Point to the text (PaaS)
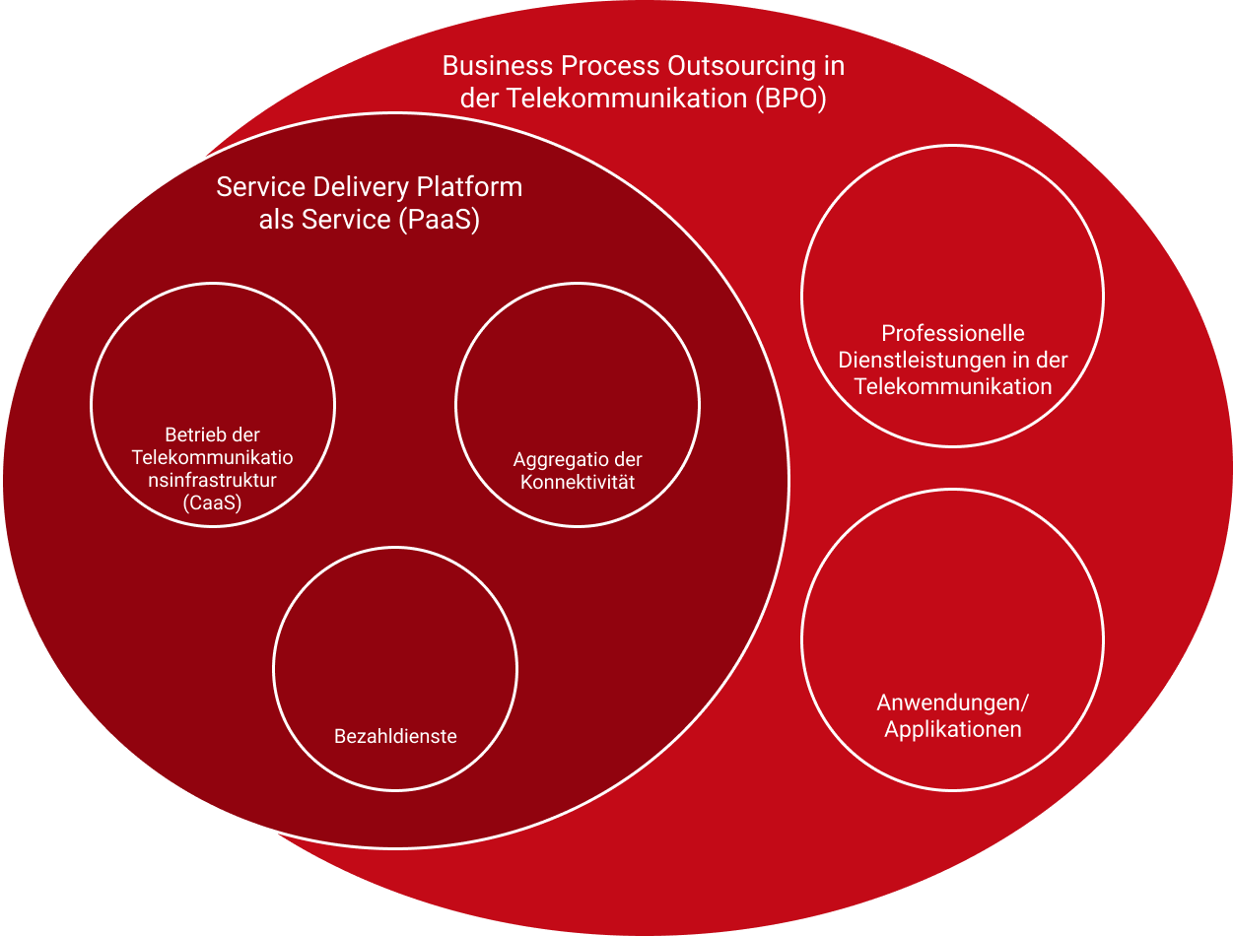pos(440,220)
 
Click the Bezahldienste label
pos(395,736)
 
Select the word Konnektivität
pos(578,483)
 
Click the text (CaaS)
pos(212,503)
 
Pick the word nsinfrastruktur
pos(212,481)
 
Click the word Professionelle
pos(953,334)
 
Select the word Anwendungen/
pos(952,703)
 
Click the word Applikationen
pos(952,730)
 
